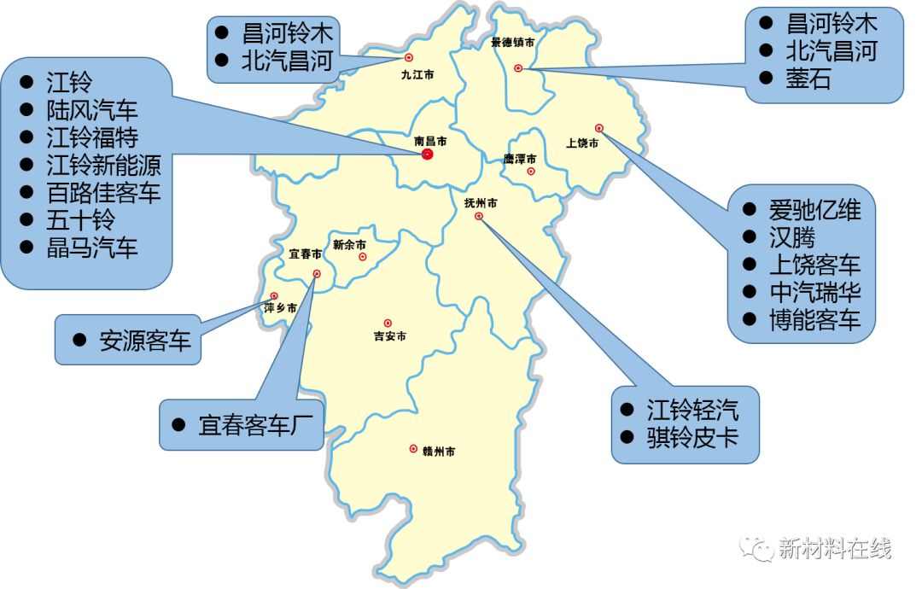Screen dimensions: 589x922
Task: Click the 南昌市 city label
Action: pos(430,141)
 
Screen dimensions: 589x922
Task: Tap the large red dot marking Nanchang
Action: pos(428,155)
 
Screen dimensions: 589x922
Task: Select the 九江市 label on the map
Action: pos(417,74)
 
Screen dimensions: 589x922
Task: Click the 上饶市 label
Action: pos(582,143)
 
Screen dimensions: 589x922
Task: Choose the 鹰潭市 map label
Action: pos(520,159)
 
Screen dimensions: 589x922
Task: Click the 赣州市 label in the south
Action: pos(438,451)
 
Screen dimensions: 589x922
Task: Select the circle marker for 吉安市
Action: pos(388,324)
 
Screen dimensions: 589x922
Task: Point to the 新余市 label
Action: pos(349,244)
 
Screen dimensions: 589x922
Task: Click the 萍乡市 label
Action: pos(281,308)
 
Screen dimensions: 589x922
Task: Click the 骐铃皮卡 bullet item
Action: pos(691,440)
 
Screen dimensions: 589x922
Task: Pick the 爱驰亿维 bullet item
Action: pos(814,210)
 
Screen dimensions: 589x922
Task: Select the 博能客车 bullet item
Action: pos(814,320)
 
